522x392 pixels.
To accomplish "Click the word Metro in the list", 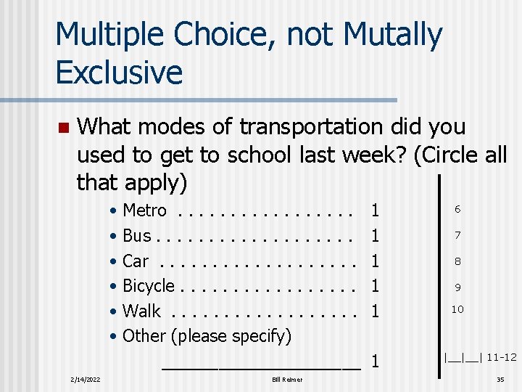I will tap(145, 211).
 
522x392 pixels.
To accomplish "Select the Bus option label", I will tap(137, 236).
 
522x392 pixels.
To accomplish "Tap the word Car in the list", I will tap(136, 261).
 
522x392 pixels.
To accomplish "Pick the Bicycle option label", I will tap(149, 286).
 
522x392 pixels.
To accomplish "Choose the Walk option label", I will tap(142, 311).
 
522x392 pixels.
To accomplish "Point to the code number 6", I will tap(457, 209).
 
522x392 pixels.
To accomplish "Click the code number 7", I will tap(457, 235).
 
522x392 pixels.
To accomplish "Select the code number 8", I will tap(457, 261).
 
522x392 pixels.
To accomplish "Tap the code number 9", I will tap(457, 286).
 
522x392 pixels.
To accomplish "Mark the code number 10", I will tap(457, 309).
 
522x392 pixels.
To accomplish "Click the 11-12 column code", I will tap(502, 357).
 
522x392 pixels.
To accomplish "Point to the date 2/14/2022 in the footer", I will tap(86, 380).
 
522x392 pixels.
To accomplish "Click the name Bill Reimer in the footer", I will tap(287, 380).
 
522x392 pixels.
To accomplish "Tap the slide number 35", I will tap(500, 380).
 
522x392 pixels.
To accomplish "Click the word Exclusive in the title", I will tap(119, 72).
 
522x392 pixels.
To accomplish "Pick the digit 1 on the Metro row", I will tap(375, 211).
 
